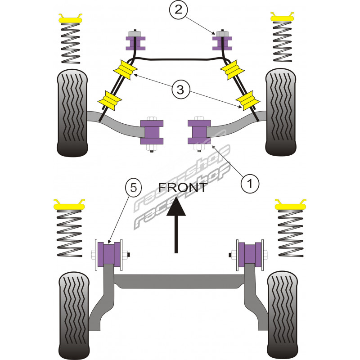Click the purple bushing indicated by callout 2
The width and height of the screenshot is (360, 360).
222,43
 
